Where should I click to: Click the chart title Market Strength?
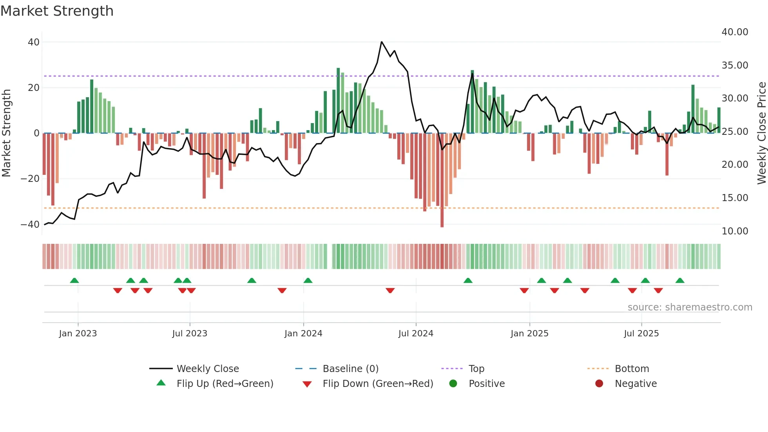[x=57, y=11]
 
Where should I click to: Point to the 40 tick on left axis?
[x=34, y=42]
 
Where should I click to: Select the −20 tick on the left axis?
[x=30, y=179]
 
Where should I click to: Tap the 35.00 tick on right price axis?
[x=735, y=65]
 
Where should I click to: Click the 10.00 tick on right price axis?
[x=735, y=231]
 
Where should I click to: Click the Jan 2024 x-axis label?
[x=303, y=333]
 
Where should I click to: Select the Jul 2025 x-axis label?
[x=641, y=333]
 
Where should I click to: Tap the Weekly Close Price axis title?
[x=761, y=133]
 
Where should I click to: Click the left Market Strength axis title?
[x=6, y=133]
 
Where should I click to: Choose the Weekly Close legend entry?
[x=207, y=368]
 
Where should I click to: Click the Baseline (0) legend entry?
[x=350, y=368]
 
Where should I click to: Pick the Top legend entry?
[x=476, y=368]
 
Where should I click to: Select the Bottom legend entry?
[x=632, y=368]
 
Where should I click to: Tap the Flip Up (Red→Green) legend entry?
[x=225, y=383]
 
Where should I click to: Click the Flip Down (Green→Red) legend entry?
[x=378, y=383]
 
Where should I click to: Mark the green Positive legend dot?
[x=453, y=383]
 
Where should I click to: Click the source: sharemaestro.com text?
[x=690, y=307]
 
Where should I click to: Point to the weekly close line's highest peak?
[x=382, y=42]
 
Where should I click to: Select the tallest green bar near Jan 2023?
[x=92, y=106]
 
